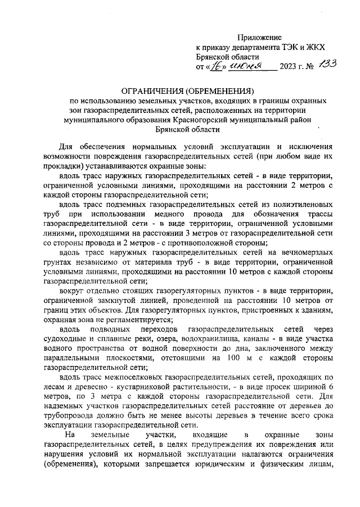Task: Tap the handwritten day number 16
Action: pyautogui.click(x=213, y=66)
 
